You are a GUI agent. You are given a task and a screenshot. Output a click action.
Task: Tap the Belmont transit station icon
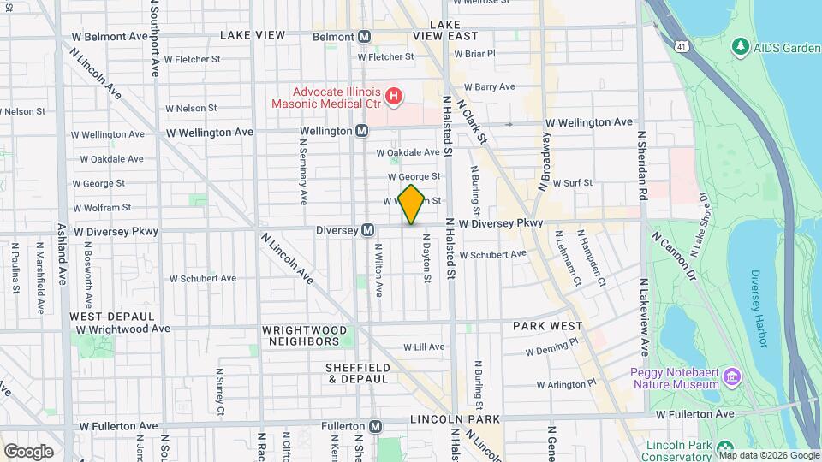point(366,37)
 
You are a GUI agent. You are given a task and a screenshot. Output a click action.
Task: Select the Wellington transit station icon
point(361,131)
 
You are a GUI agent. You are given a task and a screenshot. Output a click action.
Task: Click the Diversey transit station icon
point(367,229)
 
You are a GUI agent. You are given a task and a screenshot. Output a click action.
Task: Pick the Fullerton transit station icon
point(376,426)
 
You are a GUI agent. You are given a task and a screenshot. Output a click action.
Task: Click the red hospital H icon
point(393,96)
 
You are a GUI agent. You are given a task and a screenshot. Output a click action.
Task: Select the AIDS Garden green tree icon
point(739,45)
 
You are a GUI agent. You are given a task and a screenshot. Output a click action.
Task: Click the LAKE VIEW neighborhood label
point(253,35)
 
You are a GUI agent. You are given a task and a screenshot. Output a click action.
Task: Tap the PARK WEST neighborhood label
point(548,326)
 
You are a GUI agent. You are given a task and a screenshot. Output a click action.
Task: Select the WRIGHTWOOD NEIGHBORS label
point(305,335)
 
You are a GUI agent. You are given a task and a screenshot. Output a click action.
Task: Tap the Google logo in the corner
point(27,452)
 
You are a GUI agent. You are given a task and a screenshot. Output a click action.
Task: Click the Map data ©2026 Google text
point(768,455)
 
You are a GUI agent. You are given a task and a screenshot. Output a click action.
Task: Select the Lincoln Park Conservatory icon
point(724,447)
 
